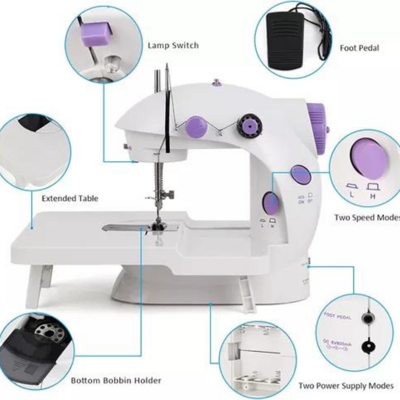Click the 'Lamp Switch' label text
pyautogui.click(x=173, y=45)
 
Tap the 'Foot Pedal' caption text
pyautogui.click(x=359, y=48)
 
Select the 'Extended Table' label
pyautogui.click(x=70, y=198)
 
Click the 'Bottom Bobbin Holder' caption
pyautogui.click(x=116, y=380)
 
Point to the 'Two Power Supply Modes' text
pyautogui.click(x=346, y=386)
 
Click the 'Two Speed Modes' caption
pyautogui.click(x=367, y=217)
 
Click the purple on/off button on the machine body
pyautogui.click(x=301, y=175)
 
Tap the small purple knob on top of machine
pyautogui.click(x=216, y=83)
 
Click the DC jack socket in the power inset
pyautogui.click(x=367, y=345)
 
